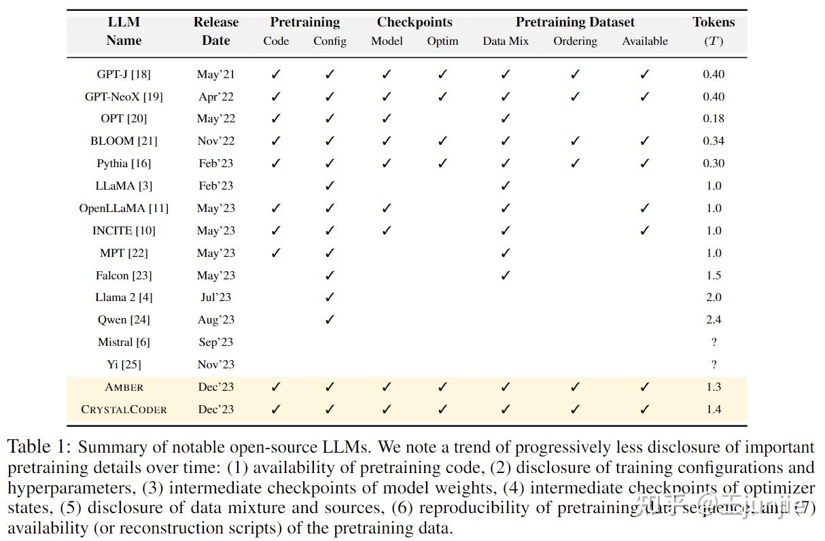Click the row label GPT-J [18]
[x=124, y=74]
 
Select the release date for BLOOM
[x=215, y=141]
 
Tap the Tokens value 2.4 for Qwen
[x=714, y=319]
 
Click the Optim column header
[x=442, y=41]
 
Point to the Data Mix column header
[x=506, y=41]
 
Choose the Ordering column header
[x=575, y=41]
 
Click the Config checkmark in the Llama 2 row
[x=330, y=297]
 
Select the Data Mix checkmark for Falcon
[x=506, y=275]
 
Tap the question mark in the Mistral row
[x=714, y=343]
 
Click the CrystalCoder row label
[x=124, y=409]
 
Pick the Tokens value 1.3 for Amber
[x=714, y=387]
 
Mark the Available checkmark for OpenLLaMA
[x=644, y=208]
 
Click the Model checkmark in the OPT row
[x=387, y=119]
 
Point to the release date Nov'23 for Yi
[x=215, y=364]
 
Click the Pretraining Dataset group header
[x=575, y=22]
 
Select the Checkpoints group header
[x=415, y=22]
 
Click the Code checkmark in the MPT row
[x=276, y=253]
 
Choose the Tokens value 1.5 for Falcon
[x=714, y=275]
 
